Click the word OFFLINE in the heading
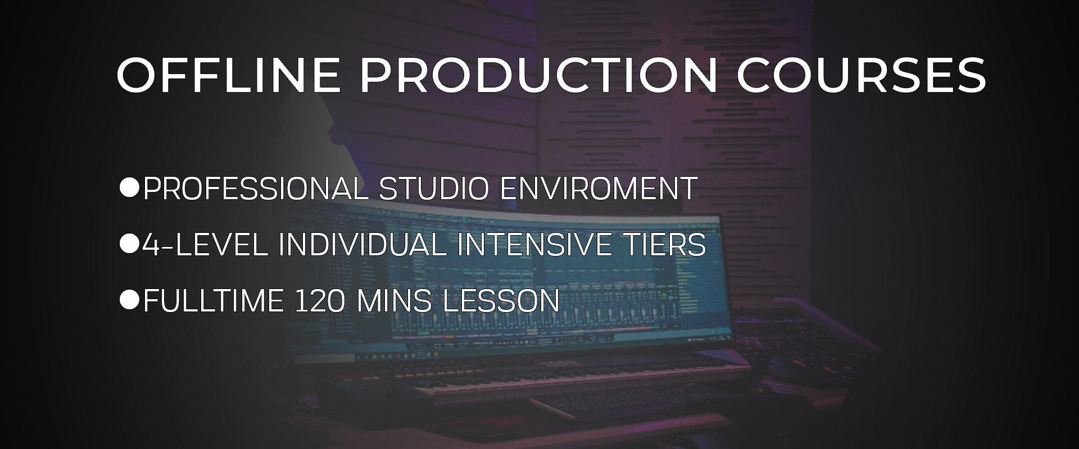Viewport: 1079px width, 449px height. pos(228,75)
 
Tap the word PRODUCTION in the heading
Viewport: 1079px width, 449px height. pos(539,75)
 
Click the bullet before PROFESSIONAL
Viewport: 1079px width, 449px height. pos(129,187)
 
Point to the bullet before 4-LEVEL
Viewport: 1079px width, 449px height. pos(129,244)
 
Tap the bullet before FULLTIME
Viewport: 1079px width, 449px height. pos(129,300)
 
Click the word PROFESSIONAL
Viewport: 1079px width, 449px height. pos(256,189)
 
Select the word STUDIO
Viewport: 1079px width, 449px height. pos(434,189)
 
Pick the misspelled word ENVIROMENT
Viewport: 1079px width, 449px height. pos(599,189)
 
